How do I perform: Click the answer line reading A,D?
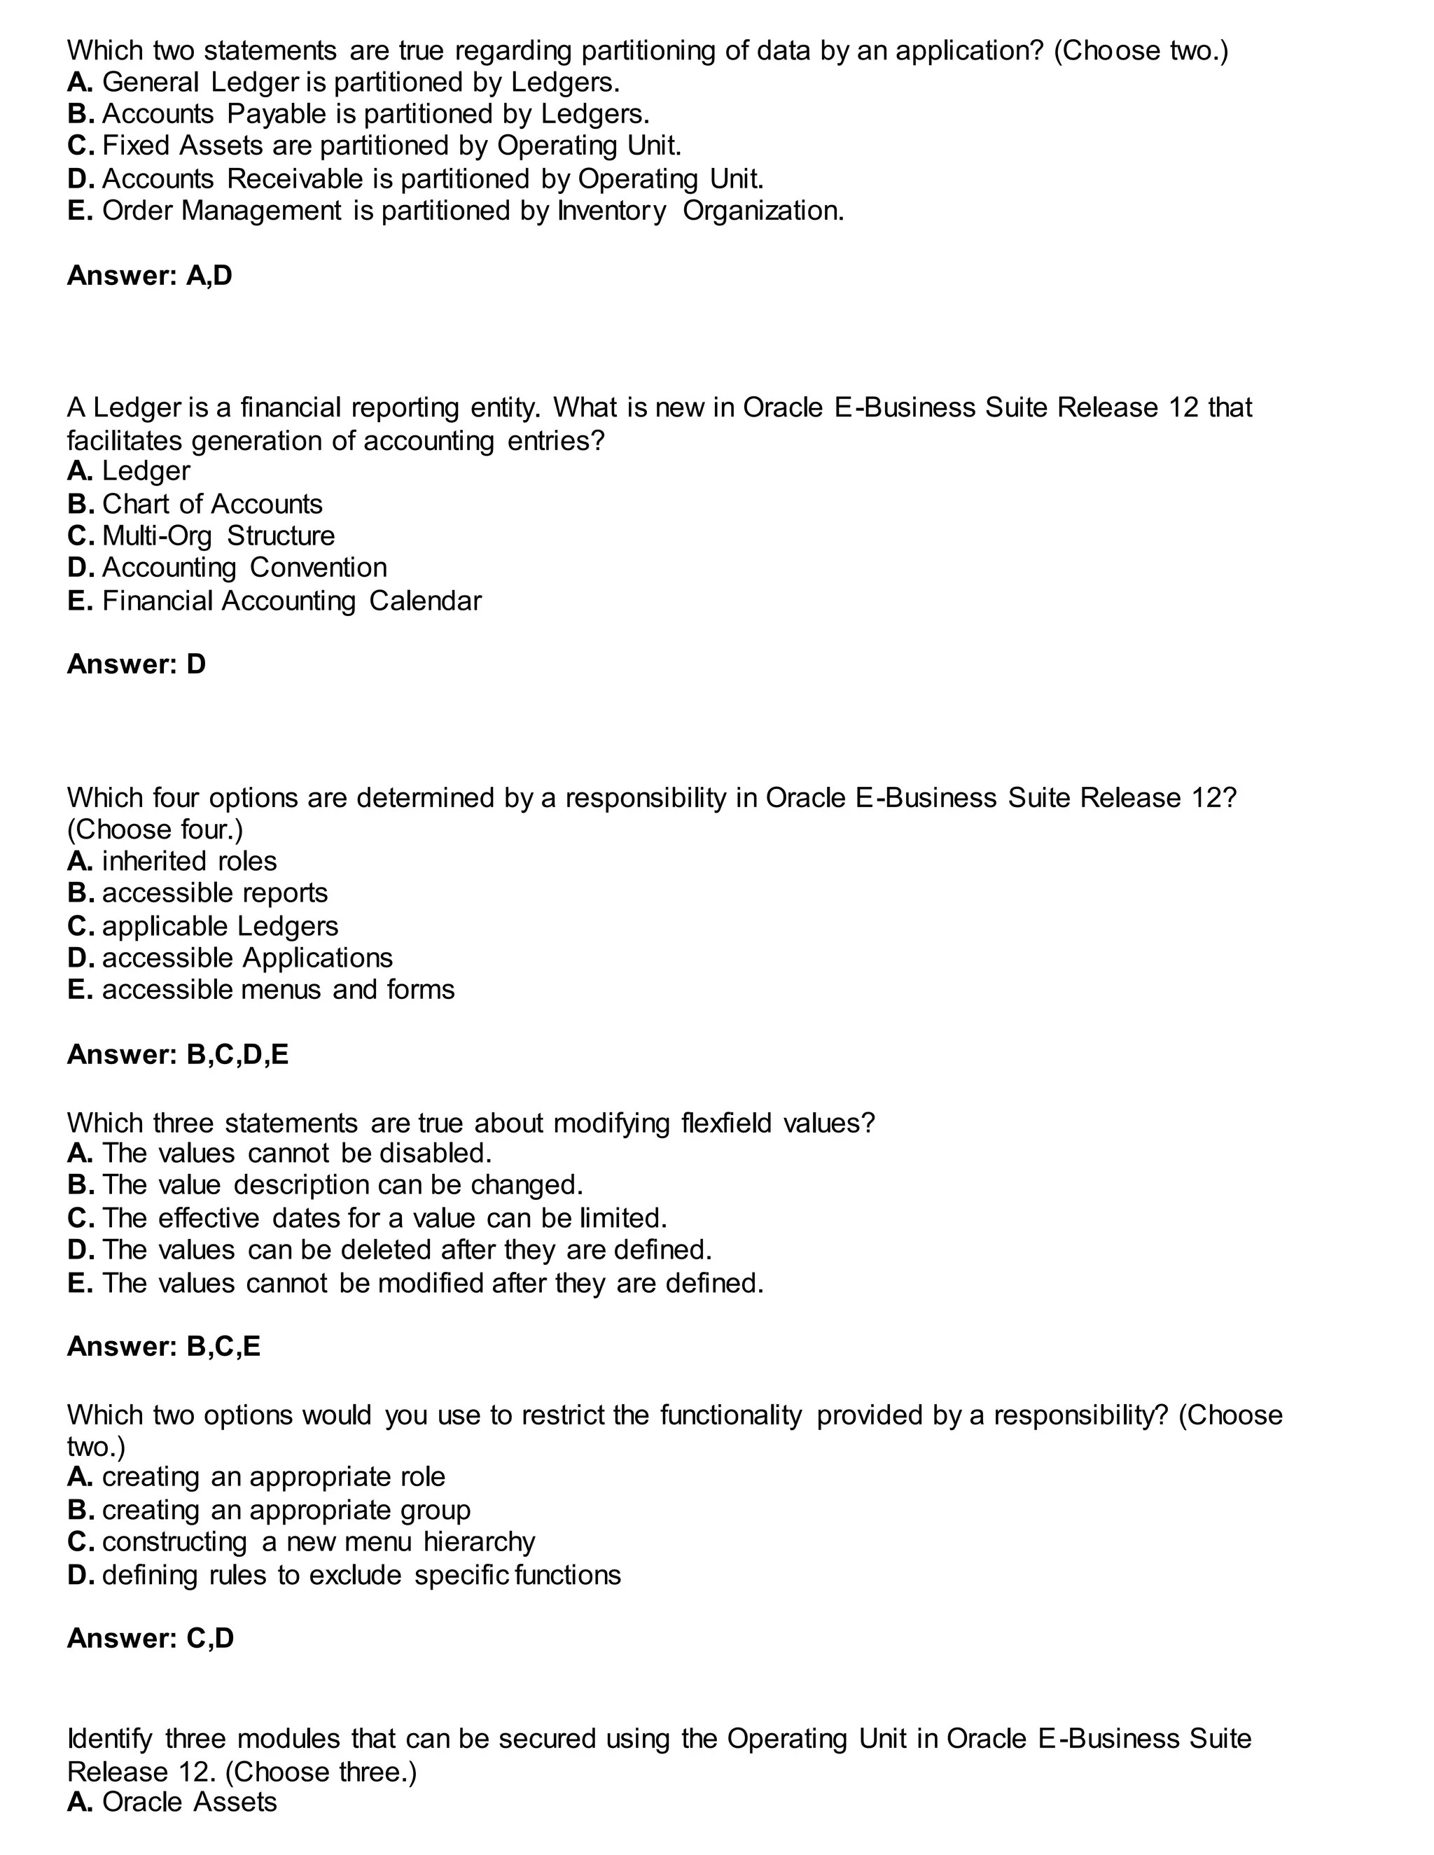pyautogui.click(x=150, y=275)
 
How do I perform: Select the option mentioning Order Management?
pyautogui.click(x=455, y=211)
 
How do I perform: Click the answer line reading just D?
pyautogui.click(x=136, y=664)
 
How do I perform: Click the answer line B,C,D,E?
pyautogui.click(x=178, y=1054)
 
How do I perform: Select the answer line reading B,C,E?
pyautogui.click(x=163, y=1346)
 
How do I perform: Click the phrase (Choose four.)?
pyautogui.click(x=155, y=829)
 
